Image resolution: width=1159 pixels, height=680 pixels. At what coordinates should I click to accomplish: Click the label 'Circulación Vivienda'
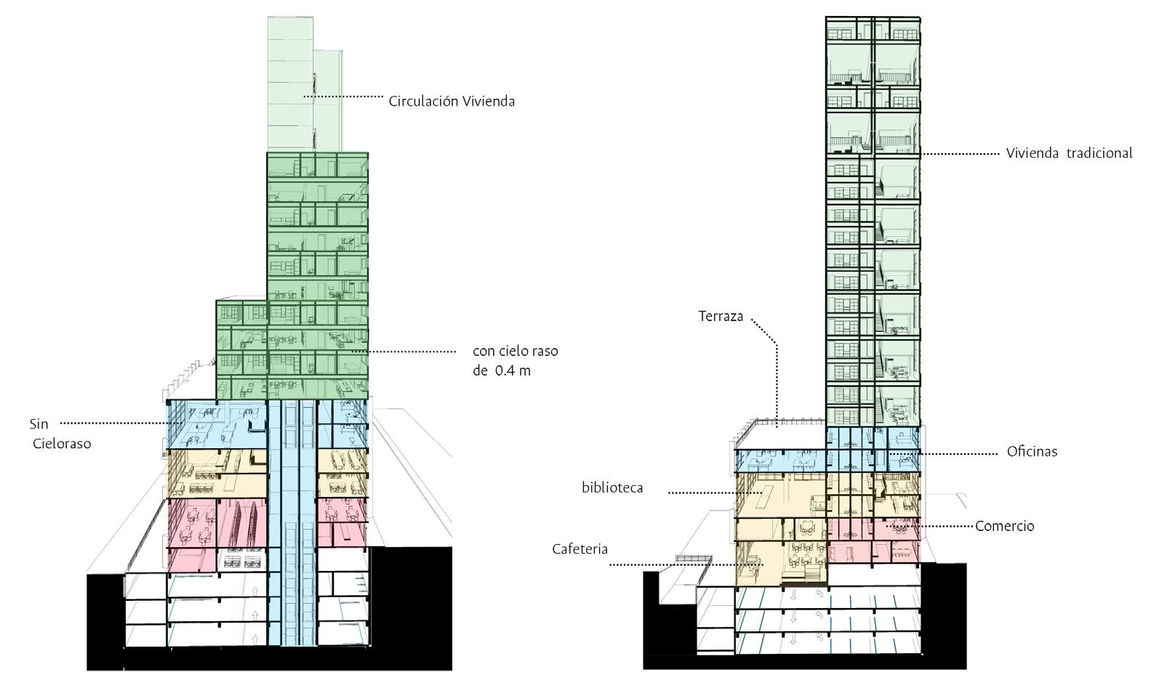click(452, 102)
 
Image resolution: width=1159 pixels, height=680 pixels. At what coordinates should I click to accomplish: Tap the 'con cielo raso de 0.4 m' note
click(516, 360)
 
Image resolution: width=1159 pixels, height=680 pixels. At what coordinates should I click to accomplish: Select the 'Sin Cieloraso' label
click(61, 433)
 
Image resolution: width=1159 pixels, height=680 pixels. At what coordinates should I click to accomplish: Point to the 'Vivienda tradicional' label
click(1069, 153)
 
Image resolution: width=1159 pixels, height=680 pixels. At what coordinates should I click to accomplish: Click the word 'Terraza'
click(721, 316)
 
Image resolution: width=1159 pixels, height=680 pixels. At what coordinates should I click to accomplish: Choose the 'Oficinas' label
click(1032, 451)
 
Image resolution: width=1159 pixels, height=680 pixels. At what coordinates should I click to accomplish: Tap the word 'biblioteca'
click(612, 487)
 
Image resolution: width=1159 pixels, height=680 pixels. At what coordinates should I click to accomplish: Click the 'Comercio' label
click(1004, 526)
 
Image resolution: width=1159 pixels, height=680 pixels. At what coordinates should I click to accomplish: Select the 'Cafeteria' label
click(579, 549)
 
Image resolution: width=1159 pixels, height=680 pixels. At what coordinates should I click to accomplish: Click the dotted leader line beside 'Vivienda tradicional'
click(960, 154)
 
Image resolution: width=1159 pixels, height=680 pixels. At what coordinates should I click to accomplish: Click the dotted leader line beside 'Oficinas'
click(945, 454)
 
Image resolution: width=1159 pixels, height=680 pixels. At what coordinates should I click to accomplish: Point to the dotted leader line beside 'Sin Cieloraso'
click(116, 423)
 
